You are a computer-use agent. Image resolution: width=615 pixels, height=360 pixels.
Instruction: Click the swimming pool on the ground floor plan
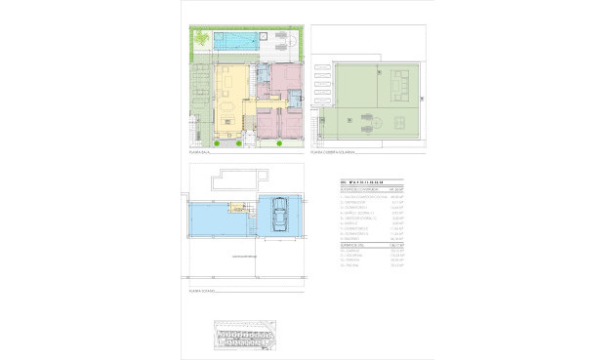236,42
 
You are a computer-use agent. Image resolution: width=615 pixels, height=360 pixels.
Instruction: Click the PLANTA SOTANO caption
201,291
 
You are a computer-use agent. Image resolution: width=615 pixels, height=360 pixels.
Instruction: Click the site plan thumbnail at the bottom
244,338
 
